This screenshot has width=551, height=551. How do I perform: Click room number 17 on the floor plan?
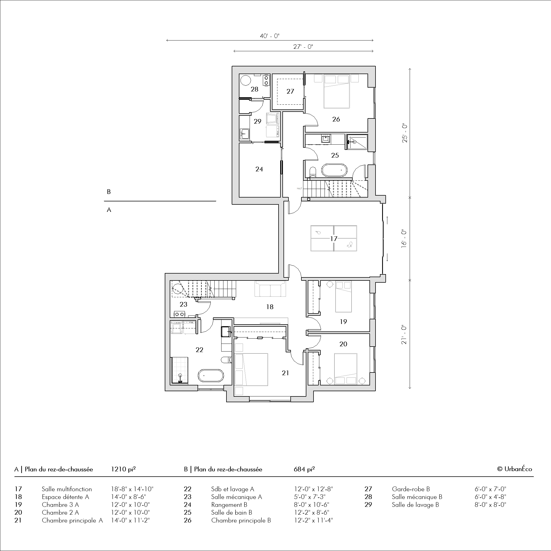pos(334,239)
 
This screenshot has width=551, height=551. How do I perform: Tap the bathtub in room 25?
pos(334,171)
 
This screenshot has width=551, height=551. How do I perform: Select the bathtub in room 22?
pos(211,376)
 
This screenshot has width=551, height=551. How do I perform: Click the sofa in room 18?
pos(270,289)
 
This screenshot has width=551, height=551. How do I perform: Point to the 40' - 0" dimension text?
pos(269,36)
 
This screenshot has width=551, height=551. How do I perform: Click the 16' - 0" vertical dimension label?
pos(404,238)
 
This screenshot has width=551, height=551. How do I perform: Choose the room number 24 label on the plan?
pos(259,169)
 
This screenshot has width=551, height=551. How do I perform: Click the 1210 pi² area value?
pos(123,469)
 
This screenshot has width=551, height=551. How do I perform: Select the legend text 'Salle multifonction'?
pos(67,489)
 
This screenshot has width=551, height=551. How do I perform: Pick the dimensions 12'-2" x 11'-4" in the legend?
pos(314,520)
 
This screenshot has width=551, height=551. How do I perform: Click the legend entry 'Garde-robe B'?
pos(411,489)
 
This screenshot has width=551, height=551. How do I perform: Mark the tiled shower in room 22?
pos(180,370)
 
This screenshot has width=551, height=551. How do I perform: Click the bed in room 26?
pos(337,91)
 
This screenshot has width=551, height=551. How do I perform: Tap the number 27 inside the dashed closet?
pos(290,91)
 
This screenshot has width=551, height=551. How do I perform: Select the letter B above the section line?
pos(109,192)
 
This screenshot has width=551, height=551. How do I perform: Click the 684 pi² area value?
pos(304,469)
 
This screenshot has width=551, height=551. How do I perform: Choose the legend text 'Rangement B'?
pos(229,504)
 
